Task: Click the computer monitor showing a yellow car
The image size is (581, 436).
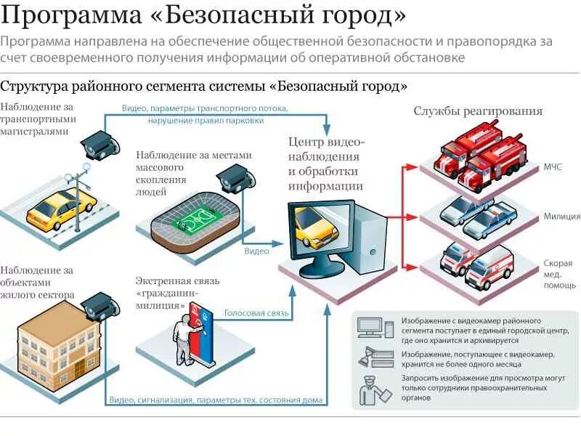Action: [316, 229]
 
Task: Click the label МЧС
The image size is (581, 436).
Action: [553, 167]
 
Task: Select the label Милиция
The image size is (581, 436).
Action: [561, 216]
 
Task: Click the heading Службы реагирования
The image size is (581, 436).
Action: [478, 111]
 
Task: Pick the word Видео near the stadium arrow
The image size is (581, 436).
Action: [256, 251]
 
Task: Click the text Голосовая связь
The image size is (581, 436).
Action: [256, 313]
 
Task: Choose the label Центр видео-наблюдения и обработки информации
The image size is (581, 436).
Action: [325, 164]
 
